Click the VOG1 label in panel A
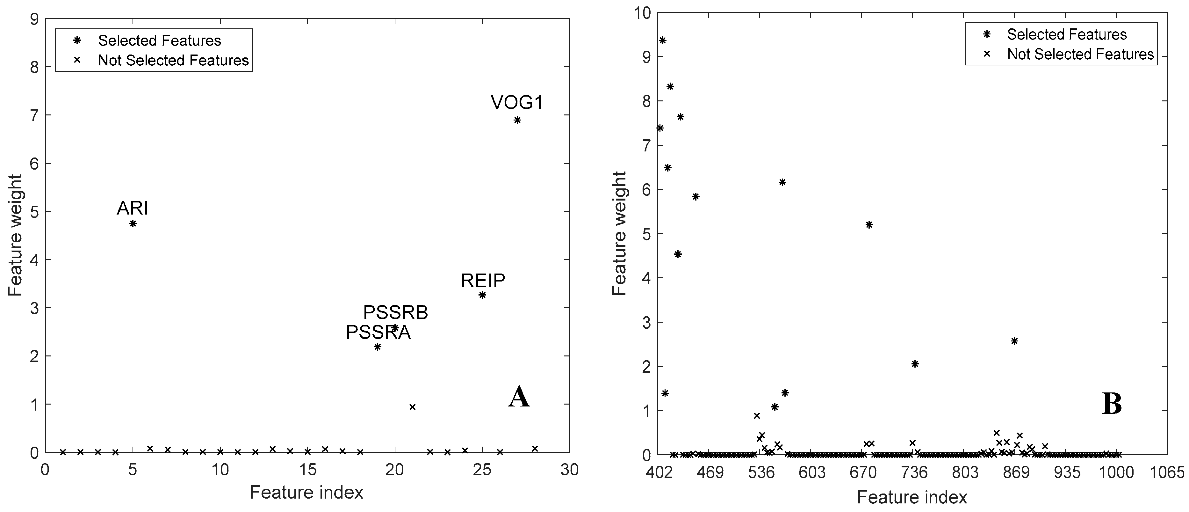[x=517, y=102]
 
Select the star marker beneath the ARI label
[x=133, y=223]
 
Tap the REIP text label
[x=483, y=280]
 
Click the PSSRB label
[x=396, y=312]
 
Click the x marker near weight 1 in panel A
[x=413, y=407]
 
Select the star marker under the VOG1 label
[x=517, y=120]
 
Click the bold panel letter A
[x=518, y=397]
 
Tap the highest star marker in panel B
[x=662, y=40]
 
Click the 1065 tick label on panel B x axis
[x=1168, y=473]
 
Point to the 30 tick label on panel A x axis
[x=570, y=470]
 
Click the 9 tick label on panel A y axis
[x=35, y=19]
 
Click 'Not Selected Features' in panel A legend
[x=173, y=61]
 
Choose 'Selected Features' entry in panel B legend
[x=1067, y=35]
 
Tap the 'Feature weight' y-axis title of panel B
[x=619, y=234]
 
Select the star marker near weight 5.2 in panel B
[x=869, y=225]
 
